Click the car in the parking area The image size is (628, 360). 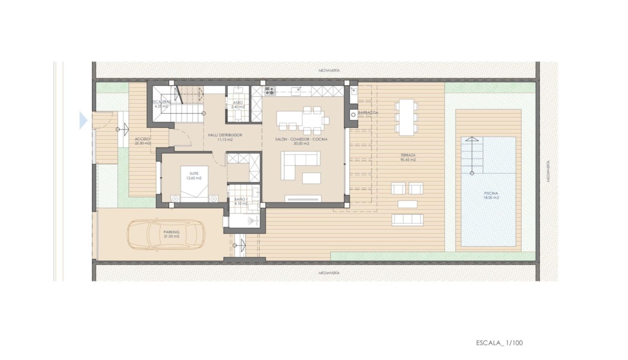[166, 234]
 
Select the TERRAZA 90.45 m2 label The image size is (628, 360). [408, 158]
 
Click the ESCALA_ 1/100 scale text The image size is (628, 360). [499, 342]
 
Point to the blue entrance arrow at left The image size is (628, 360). [83, 120]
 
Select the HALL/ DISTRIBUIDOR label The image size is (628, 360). [225, 138]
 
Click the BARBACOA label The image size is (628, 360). [368, 113]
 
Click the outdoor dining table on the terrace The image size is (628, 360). [406, 117]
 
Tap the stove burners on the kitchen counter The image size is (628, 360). [269, 90]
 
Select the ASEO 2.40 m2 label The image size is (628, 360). [238, 105]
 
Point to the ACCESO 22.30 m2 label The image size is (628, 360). [142, 140]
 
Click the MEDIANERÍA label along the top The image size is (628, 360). [329, 70]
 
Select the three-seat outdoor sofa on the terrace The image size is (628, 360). [407, 220]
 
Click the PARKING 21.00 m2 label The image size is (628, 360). [171, 234]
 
